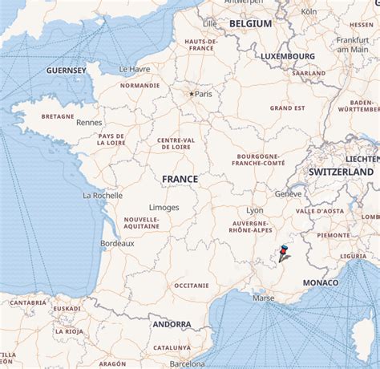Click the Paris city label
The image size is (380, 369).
[204, 94]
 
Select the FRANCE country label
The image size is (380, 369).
[180, 179]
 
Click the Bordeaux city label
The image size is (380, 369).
[117, 243]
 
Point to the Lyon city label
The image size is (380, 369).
[255, 210]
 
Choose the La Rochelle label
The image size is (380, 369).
[103, 195]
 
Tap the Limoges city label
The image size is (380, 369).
[164, 207]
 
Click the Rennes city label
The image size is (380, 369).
[89, 123]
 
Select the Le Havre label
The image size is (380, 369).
[135, 69]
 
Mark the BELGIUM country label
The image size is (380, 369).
[250, 24]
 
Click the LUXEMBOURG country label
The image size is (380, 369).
[287, 56]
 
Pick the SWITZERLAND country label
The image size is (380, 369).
[342, 172]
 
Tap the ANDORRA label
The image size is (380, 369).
[172, 324]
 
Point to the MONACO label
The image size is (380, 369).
[321, 283]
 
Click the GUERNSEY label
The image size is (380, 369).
[67, 71]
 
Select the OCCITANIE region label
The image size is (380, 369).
[191, 285]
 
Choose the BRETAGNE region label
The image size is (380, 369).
[57, 116]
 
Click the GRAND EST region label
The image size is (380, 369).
[286, 107]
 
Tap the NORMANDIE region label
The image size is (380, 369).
[139, 85]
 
